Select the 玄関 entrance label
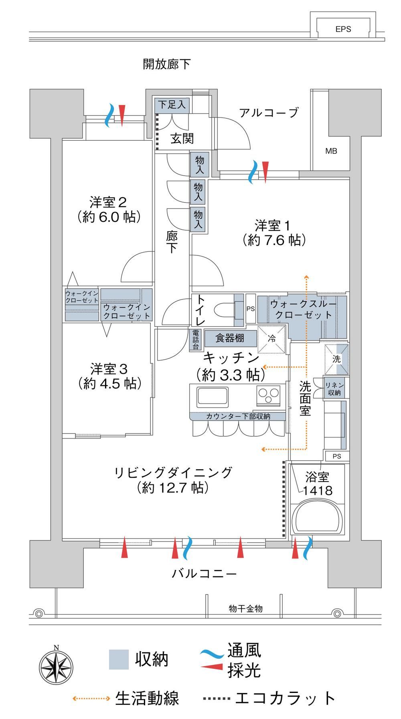[x=182, y=139]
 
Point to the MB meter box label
[x=331, y=151]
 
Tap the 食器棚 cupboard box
[x=230, y=338]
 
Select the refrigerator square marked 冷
[x=271, y=339]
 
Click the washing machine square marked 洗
[x=336, y=359]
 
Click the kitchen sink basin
[x=212, y=397]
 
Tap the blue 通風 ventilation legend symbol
[x=212, y=653]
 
